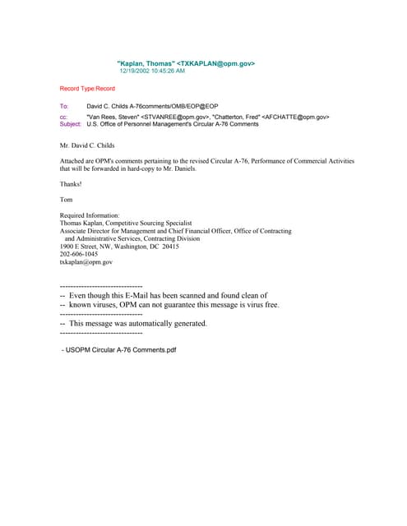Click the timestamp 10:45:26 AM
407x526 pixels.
(167, 71)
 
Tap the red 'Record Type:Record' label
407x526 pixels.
(87, 88)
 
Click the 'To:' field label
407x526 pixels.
(64, 107)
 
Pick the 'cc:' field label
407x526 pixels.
(63, 118)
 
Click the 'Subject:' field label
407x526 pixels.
(71, 124)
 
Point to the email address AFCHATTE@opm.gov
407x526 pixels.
(294, 118)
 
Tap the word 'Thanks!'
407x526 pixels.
(71, 184)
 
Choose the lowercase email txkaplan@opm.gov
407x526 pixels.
(86, 262)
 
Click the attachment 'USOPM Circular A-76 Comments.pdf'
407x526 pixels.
(121, 350)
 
